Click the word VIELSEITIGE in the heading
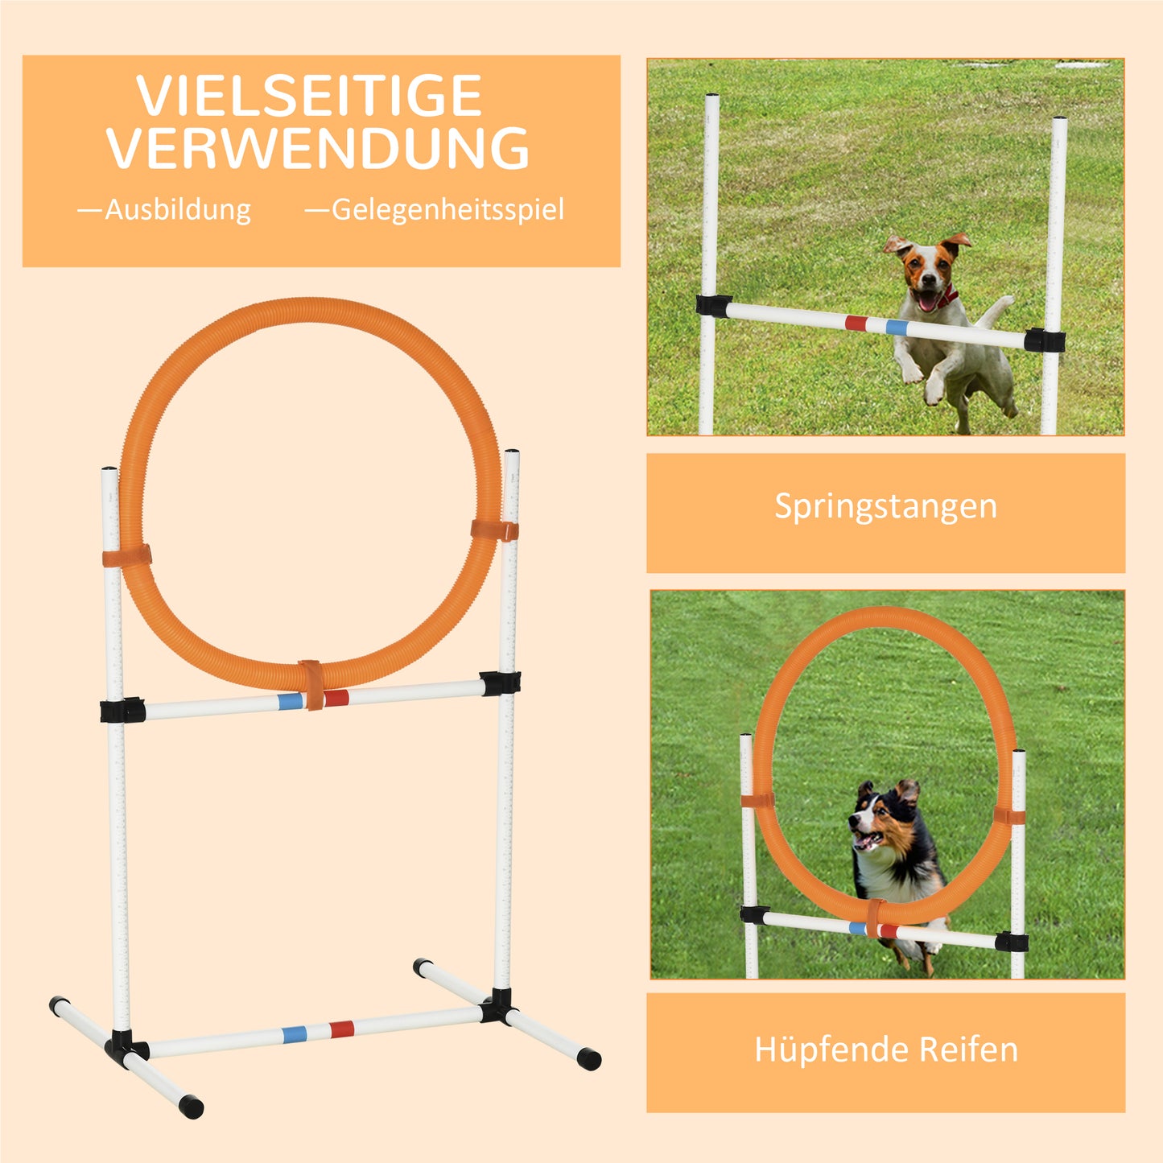[x=309, y=97]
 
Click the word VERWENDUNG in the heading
[x=318, y=149]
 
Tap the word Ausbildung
[x=178, y=210]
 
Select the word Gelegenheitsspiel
[x=447, y=210]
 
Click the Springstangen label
[x=885, y=506]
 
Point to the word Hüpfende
[x=831, y=1050]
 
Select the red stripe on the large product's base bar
[x=341, y=1029]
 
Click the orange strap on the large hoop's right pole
[x=494, y=530]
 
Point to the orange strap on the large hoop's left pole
[x=127, y=556]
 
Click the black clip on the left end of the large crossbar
[x=122, y=710]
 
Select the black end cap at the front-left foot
[x=192, y=1107]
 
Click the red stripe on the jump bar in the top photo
[x=856, y=324]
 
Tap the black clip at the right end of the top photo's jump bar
[x=1045, y=340]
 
